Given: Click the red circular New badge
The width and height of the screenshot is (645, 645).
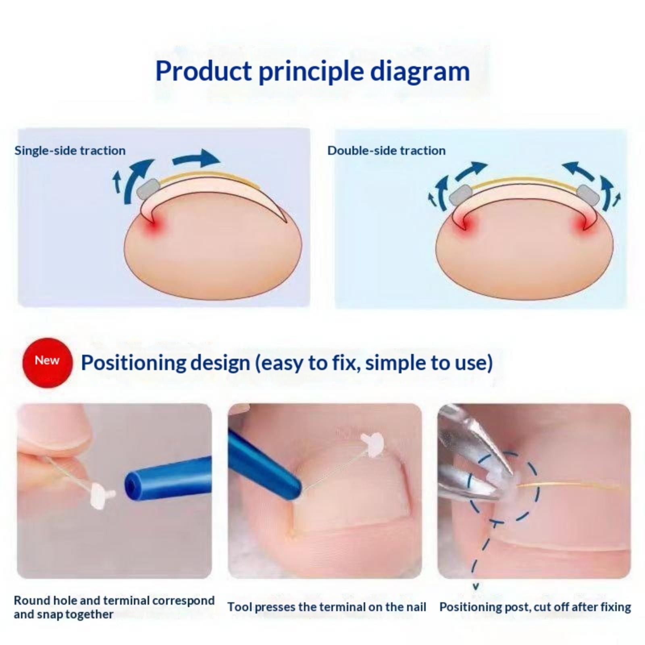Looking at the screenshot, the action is coord(47,362).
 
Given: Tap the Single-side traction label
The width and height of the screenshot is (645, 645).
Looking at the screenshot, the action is coord(70,151).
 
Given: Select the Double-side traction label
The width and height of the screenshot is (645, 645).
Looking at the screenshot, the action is coord(387,151).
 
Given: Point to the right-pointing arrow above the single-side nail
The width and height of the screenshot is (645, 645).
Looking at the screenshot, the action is coord(196,158).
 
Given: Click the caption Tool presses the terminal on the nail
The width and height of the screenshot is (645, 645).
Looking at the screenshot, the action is coord(327,607).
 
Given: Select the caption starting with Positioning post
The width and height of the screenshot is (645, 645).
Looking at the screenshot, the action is coord(535,607).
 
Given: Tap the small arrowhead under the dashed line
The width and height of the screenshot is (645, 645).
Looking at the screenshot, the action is coord(476,586).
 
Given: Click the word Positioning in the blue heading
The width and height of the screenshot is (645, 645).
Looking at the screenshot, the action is coord(133,363).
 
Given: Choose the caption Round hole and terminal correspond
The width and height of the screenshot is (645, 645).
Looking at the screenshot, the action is coord(114,600).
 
